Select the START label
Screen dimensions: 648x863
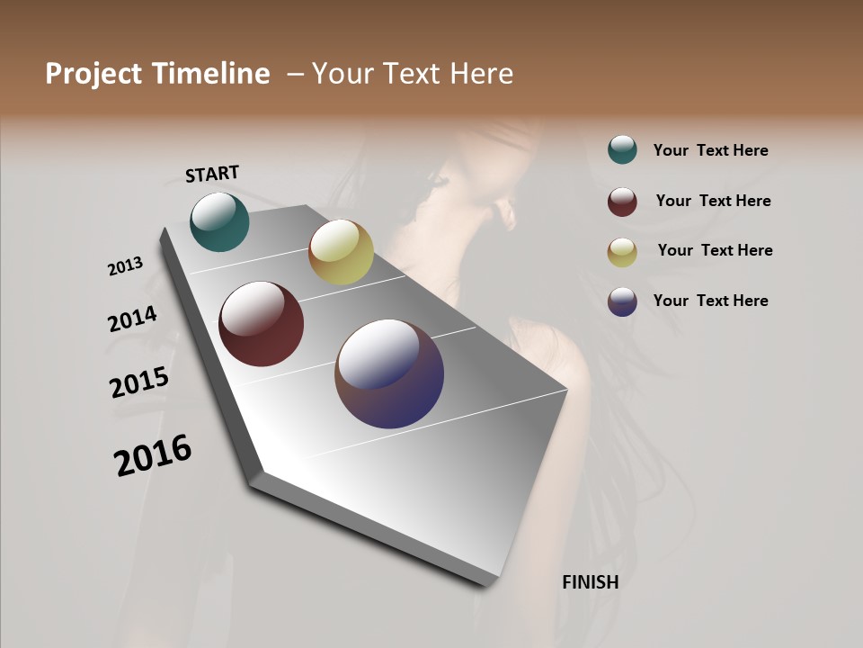tap(212, 174)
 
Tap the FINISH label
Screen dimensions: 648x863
tap(591, 582)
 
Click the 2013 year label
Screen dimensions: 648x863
tap(125, 266)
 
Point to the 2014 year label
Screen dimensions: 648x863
tap(132, 319)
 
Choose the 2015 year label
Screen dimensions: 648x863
tap(139, 382)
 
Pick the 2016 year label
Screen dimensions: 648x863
tap(153, 454)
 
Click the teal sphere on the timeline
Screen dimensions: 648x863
tap(219, 221)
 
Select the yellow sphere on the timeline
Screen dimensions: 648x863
tap(341, 252)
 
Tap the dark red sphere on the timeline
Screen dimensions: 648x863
tap(262, 324)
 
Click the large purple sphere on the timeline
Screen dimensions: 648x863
tap(389, 373)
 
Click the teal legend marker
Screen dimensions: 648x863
tap(622, 149)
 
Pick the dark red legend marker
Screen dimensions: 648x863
tap(622, 202)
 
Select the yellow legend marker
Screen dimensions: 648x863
tap(622, 252)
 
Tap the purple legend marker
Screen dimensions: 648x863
tap(622, 301)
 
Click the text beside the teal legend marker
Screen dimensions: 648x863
tap(711, 151)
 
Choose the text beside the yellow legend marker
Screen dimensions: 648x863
tap(716, 250)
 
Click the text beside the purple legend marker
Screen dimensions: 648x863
tap(711, 301)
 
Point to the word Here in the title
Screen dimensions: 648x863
tap(481, 74)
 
